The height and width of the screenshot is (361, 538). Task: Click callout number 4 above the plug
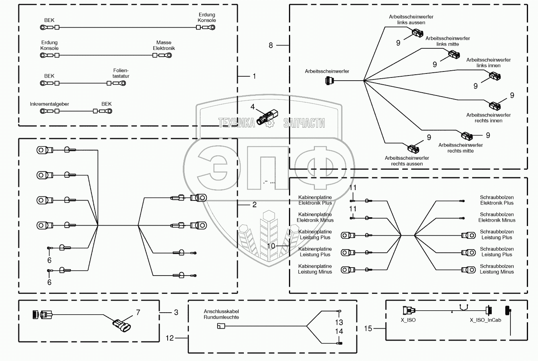coord(253,107)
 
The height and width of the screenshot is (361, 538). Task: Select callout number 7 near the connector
coord(138,312)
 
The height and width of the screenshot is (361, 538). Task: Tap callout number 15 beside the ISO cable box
coord(368,328)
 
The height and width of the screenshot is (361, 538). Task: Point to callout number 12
coord(170,338)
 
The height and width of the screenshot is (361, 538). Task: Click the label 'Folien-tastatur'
coord(121,73)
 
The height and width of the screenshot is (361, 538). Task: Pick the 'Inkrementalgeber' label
coord(49,104)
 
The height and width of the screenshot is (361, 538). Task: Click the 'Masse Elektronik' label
coord(164,45)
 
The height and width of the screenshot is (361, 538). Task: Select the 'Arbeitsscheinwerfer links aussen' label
coord(411,20)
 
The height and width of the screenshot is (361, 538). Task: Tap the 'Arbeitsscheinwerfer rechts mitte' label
coord(461,148)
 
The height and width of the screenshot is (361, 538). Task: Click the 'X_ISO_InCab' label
coord(485,320)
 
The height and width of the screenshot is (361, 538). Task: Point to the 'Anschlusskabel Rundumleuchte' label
coord(222,314)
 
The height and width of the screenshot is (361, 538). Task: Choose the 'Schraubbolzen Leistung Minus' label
coord(497,269)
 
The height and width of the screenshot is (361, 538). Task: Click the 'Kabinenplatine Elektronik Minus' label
coord(315,217)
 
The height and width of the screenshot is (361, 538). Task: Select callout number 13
coord(339,322)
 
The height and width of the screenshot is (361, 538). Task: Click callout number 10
coord(271,246)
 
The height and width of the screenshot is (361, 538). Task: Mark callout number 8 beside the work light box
coord(271,45)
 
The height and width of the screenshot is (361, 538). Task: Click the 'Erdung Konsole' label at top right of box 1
coord(207,18)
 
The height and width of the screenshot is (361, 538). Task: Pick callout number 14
coord(339,331)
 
